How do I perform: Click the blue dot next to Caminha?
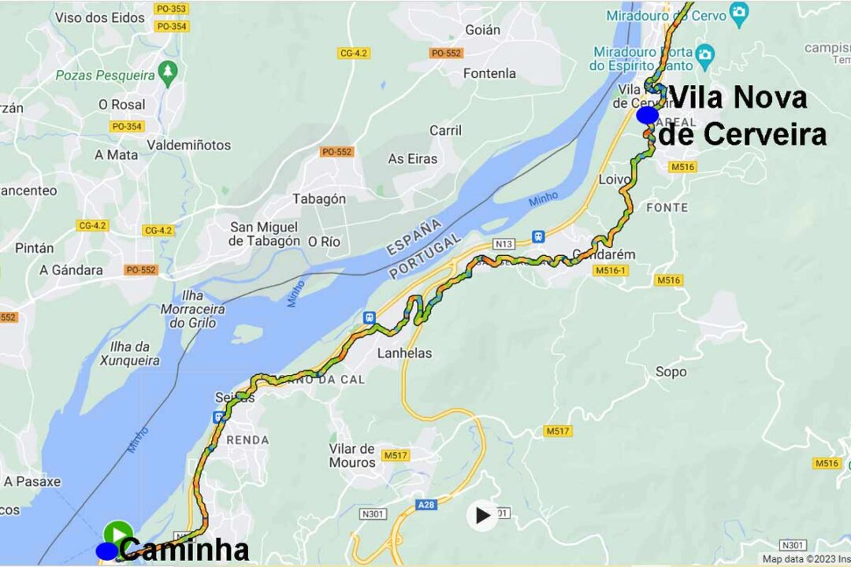point(106,551)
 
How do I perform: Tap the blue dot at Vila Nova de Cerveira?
point(648,116)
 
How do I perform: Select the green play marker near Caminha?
point(118,533)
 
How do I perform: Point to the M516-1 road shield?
point(611,270)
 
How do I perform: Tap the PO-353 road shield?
point(172,9)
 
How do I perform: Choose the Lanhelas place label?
point(405,353)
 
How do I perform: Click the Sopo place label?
point(671,372)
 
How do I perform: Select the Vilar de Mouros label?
point(352,455)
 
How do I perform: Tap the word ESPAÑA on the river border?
point(414,237)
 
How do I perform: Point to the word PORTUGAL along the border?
point(426,256)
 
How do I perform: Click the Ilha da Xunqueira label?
point(130,354)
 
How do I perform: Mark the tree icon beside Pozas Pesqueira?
point(167,73)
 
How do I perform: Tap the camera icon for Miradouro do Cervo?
point(738,11)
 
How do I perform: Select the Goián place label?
point(482,30)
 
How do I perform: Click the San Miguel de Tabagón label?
point(265,234)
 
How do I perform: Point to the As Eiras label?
point(412,158)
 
